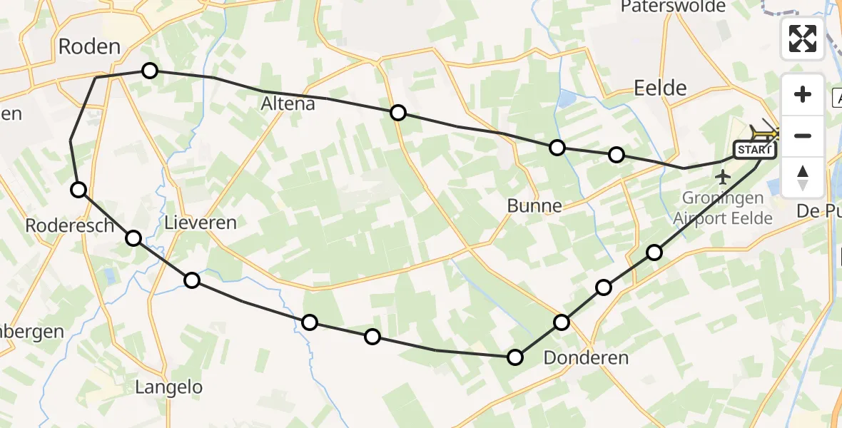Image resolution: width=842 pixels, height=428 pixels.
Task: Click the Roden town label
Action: coord(89,47)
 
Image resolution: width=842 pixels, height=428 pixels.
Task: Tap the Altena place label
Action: coord(288,104)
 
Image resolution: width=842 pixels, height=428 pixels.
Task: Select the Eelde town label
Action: coord(660,88)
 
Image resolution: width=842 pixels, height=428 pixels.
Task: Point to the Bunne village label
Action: coord(534,206)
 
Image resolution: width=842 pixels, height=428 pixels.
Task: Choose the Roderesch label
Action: coord(70,225)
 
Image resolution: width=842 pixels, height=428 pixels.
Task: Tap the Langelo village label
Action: coord(169,387)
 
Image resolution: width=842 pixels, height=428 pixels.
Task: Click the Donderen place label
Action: coord(586,357)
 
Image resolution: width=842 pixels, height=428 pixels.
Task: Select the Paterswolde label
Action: coord(673,7)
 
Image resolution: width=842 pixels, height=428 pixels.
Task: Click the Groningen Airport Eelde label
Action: coord(723,208)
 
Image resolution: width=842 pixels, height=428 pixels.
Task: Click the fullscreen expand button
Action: coord(803,39)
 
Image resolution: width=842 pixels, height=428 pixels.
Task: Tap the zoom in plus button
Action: coord(803,94)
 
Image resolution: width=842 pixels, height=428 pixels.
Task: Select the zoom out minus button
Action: coord(803,136)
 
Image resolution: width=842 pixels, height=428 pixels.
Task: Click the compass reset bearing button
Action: coord(803,177)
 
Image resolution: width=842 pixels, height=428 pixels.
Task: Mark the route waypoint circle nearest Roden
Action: coord(149,71)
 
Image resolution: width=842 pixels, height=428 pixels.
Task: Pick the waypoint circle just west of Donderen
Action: coord(515,357)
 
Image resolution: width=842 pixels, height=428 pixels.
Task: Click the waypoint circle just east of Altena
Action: coord(398,113)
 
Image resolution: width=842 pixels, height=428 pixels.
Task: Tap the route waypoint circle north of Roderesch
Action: coord(78,189)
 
